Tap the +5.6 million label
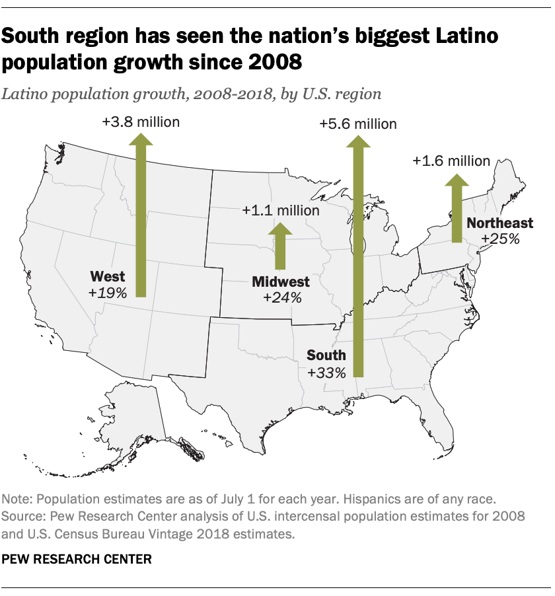(x=358, y=124)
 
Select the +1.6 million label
(x=451, y=161)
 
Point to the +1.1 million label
(x=281, y=211)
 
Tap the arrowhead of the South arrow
(x=358, y=141)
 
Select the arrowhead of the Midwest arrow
(x=281, y=229)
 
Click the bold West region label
(x=108, y=276)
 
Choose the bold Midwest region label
(x=281, y=282)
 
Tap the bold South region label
(x=326, y=356)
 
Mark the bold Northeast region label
(x=499, y=223)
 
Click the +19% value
(x=107, y=292)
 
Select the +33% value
(x=327, y=373)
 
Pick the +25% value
(x=500, y=239)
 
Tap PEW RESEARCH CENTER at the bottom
(x=77, y=559)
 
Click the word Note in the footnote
(x=17, y=497)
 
